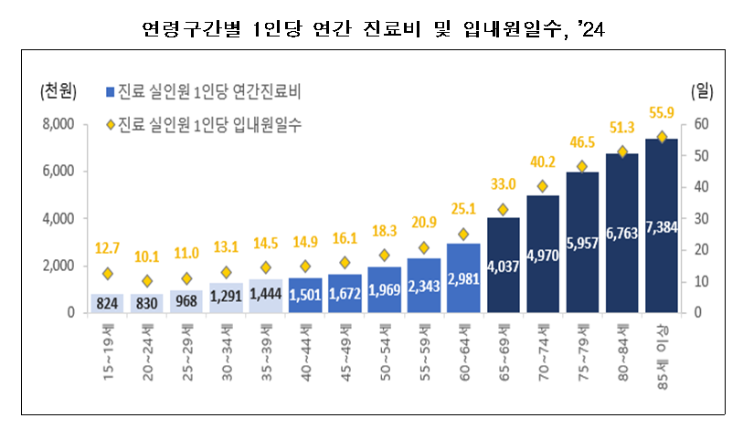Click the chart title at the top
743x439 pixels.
(x=372, y=31)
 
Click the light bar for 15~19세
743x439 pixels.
(x=107, y=303)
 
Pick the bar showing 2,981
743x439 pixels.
(x=463, y=277)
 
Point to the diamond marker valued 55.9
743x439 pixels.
(x=661, y=137)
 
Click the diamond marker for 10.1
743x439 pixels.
(x=147, y=281)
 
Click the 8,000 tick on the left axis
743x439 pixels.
(x=57, y=124)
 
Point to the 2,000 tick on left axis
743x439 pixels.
(x=57, y=266)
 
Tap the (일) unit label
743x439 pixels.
(x=702, y=91)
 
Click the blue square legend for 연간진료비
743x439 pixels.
(x=110, y=91)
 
